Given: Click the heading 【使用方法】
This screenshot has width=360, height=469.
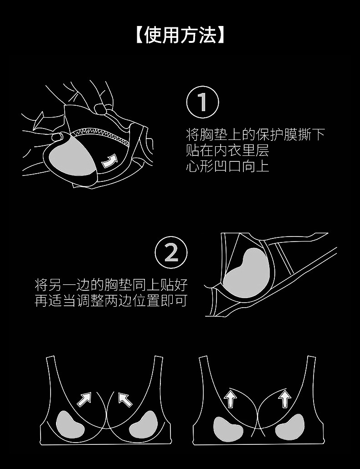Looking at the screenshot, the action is point(180,35).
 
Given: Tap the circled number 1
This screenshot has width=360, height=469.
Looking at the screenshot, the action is point(202,102).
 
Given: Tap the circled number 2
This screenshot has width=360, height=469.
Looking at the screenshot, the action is point(171,253).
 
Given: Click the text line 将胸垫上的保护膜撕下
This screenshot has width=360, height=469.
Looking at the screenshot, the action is point(255,134).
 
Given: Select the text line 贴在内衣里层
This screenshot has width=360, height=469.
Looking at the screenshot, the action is point(227,150).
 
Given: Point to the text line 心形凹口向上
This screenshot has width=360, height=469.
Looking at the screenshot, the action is point(227,166).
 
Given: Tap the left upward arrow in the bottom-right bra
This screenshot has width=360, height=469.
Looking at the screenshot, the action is point(230,398).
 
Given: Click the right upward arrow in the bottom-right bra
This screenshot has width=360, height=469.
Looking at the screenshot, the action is point(284,398).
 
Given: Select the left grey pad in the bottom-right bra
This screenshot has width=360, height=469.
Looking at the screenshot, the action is point(225,428).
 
